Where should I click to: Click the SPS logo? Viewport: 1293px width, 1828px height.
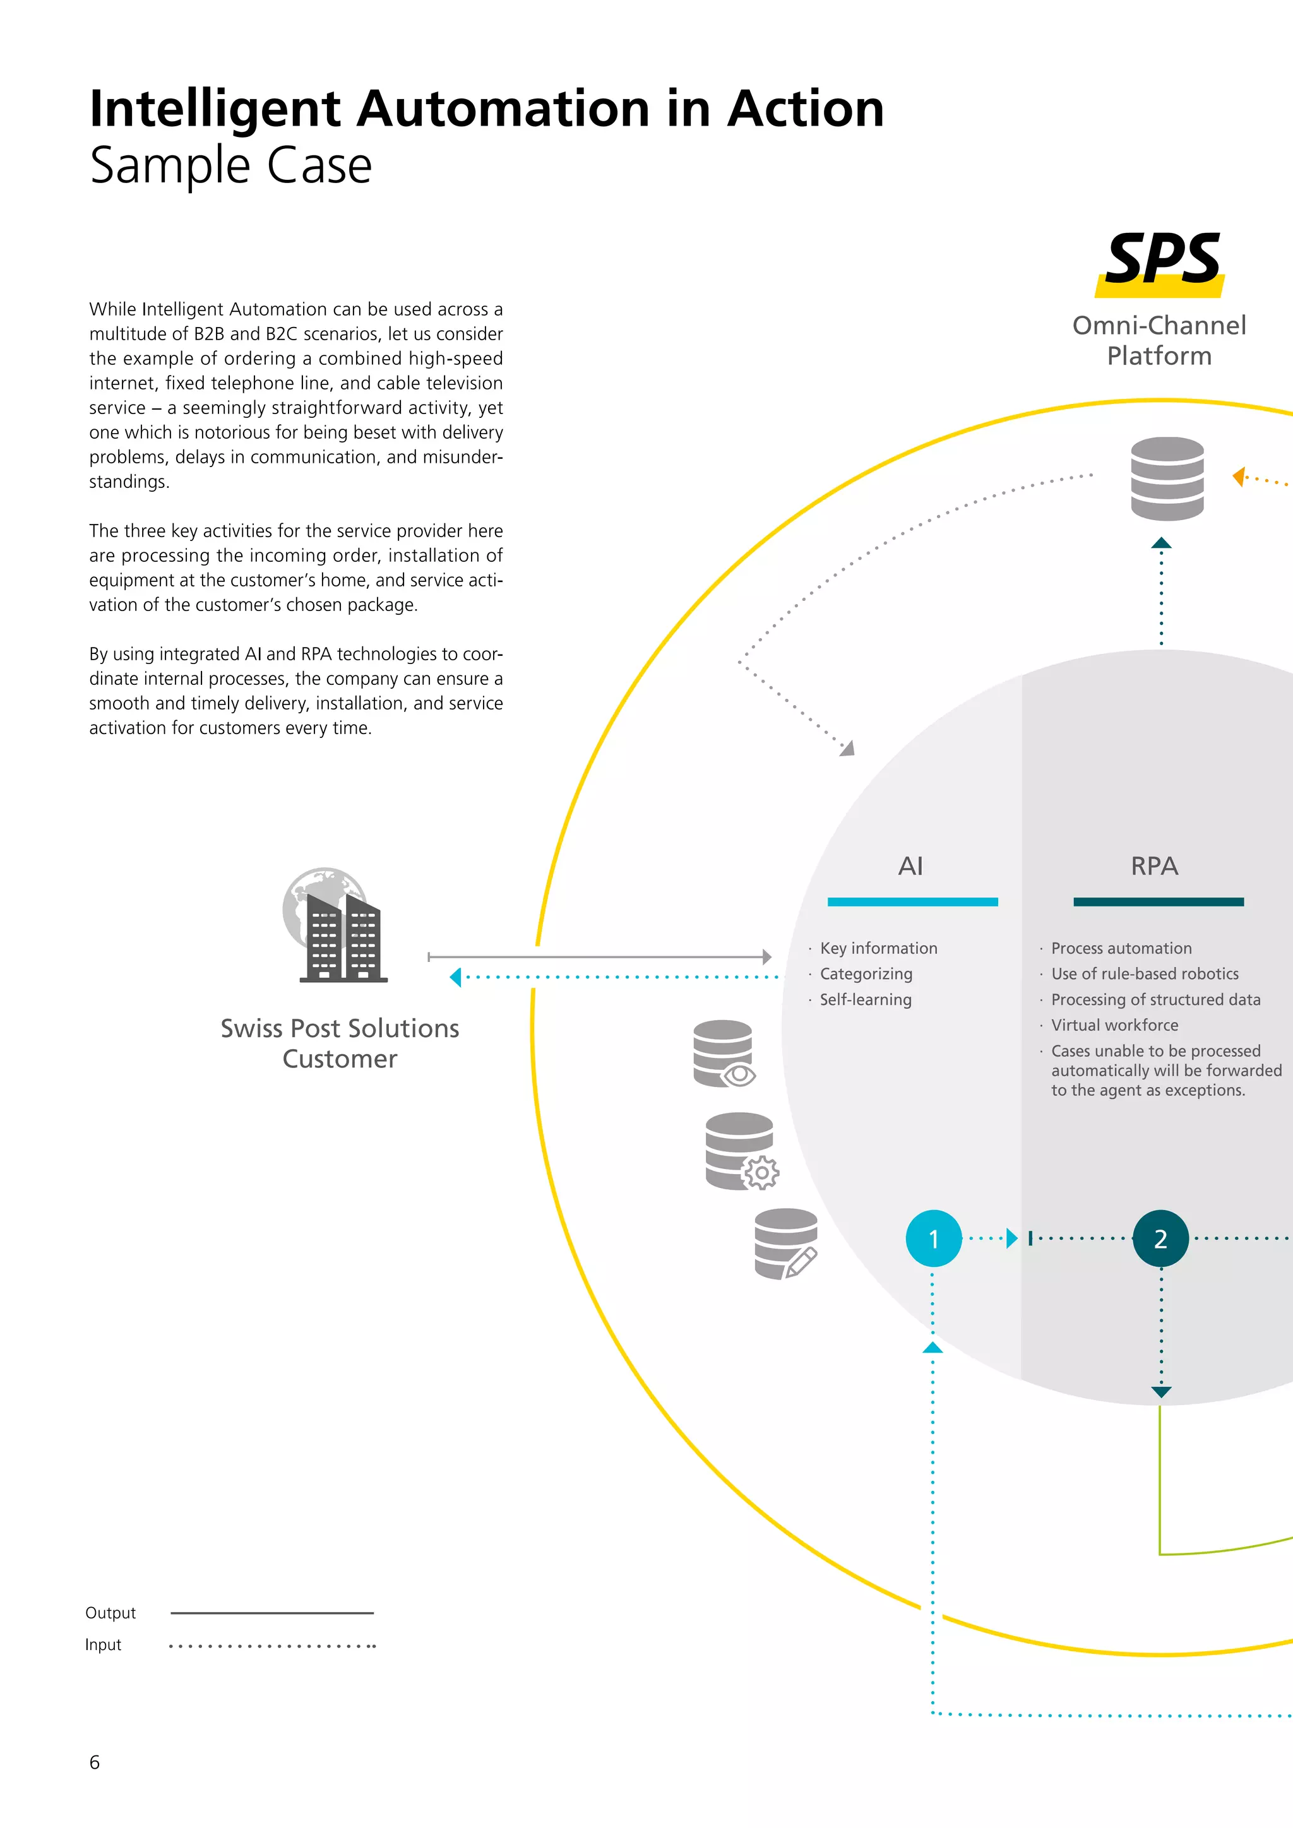click(x=1162, y=262)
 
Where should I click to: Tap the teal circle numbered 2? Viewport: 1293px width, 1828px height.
click(x=1160, y=1238)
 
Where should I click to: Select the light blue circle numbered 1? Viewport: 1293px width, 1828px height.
click(x=933, y=1238)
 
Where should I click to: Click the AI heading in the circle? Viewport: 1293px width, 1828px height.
click(x=910, y=865)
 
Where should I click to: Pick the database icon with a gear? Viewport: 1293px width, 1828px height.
click(x=741, y=1151)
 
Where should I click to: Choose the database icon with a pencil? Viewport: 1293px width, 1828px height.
click(x=786, y=1243)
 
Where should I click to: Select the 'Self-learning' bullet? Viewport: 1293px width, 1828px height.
click(x=866, y=999)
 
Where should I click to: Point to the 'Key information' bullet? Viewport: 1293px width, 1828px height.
click(x=878, y=948)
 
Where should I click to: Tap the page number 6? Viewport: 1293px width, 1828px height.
click(x=95, y=1762)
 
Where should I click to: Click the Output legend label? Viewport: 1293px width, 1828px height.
click(x=110, y=1612)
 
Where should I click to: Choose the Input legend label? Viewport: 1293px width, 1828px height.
click(x=104, y=1644)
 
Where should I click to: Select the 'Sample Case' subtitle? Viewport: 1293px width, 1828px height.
click(x=231, y=165)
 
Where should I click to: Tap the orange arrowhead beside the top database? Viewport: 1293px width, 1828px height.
click(x=1239, y=477)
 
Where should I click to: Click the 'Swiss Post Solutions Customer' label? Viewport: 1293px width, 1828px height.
click(x=340, y=1043)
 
